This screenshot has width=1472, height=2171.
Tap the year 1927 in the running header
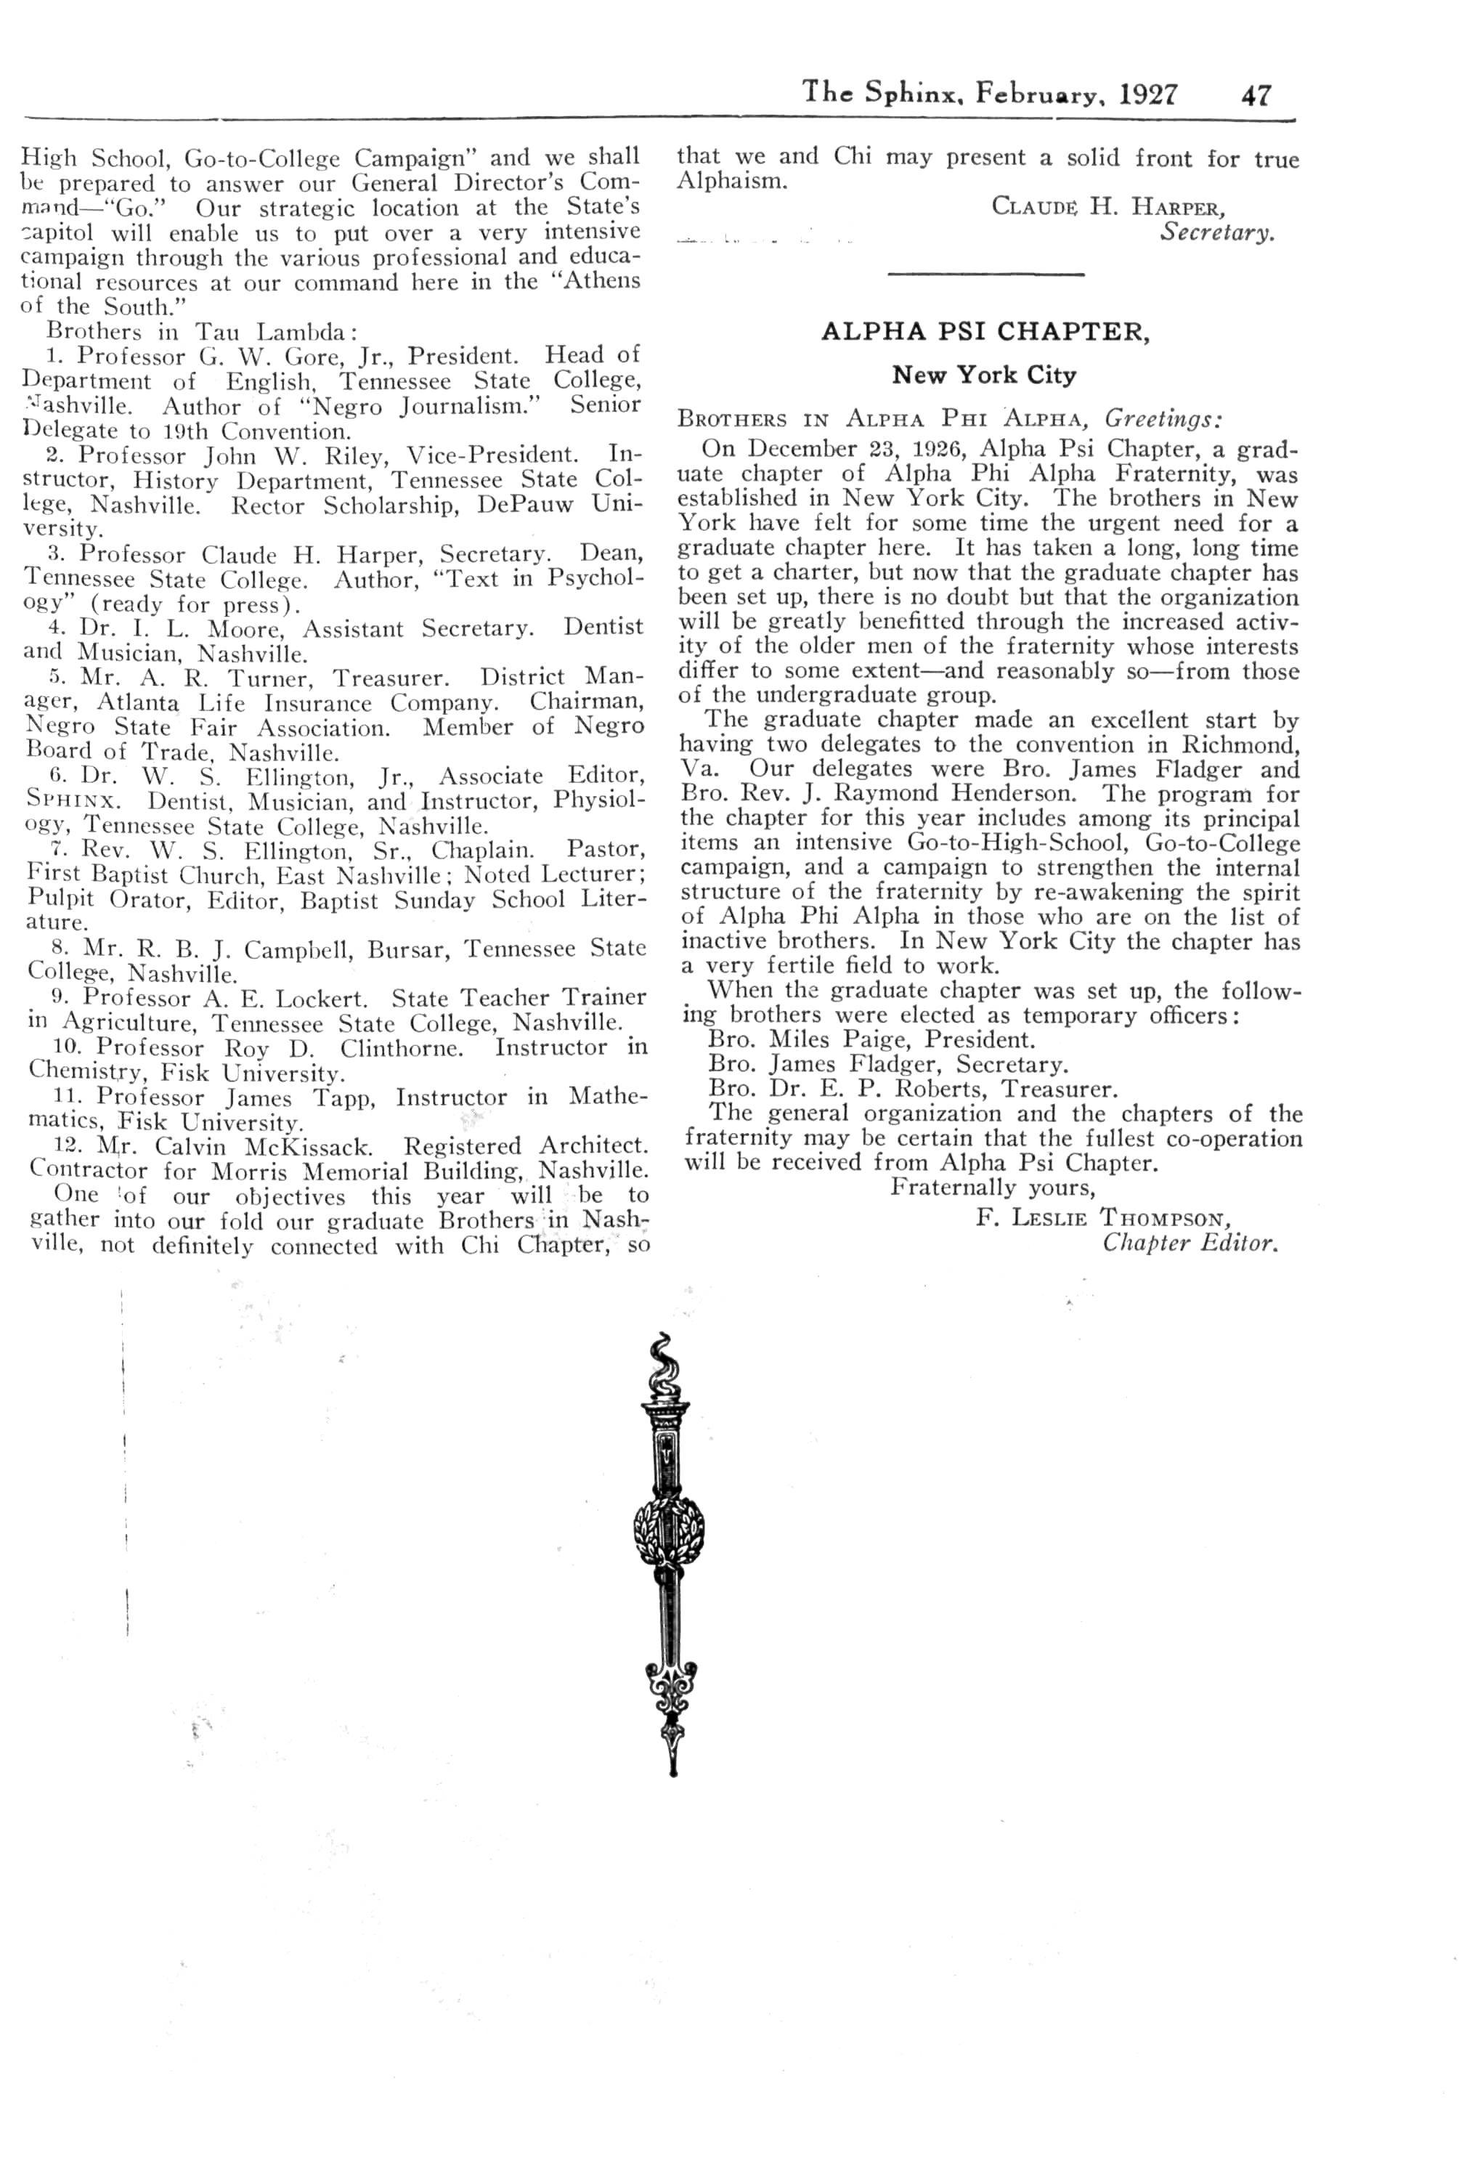(x=1148, y=94)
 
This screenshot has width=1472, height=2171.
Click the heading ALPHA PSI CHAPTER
(x=985, y=332)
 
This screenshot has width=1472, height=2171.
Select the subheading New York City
(x=985, y=376)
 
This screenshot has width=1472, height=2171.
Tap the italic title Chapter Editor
(x=1189, y=1243)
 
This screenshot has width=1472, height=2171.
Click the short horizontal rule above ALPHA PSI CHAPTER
(x=985, y=274)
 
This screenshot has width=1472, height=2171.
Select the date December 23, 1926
(x=832, y=450)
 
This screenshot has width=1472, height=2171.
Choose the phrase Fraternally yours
(x=992, y=1188)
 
